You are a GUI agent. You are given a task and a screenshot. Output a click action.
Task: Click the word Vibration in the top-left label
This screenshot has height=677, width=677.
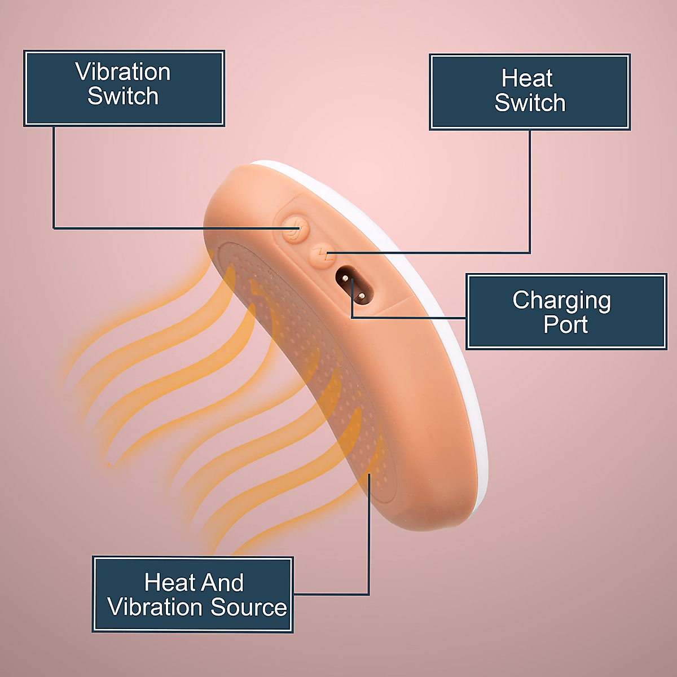pos(123,72)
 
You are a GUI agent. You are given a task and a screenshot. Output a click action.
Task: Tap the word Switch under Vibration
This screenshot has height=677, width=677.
pos(123,96)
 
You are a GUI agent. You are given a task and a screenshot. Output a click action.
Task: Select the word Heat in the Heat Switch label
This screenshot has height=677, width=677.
pos(527,78)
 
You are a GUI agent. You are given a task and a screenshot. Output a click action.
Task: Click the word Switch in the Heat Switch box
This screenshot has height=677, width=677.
pos(530,103)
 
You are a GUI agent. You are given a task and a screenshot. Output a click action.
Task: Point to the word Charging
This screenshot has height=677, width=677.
pos(561,301)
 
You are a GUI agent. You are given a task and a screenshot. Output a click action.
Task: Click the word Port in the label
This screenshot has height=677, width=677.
pos(566,325)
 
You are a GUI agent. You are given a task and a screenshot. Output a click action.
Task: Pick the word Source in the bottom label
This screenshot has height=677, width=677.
pos(249,608)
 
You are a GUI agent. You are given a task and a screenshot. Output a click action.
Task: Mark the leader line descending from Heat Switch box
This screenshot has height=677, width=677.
pos(530,192)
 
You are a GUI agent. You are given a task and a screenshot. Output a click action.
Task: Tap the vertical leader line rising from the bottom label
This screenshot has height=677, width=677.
pos(369,536)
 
